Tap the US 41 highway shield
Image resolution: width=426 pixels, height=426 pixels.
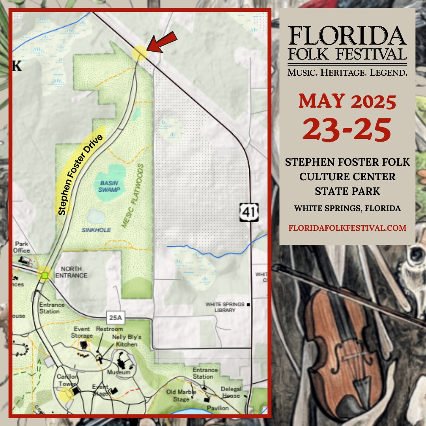249,212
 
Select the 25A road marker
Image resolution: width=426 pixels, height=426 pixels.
112,316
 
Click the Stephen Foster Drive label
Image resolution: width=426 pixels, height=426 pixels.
80,175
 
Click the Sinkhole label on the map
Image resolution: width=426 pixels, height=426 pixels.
96,230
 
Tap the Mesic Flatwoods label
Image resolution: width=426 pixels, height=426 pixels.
132,196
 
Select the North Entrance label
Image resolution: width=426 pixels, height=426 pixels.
71,272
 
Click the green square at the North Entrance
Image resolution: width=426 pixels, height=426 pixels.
45,275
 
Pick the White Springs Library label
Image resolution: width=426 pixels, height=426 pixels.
225,307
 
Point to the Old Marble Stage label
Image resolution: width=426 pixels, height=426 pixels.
181,396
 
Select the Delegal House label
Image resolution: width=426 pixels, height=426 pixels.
231,392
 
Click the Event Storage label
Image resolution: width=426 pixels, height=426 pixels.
82,332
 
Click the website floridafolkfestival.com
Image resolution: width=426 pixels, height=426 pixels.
347,228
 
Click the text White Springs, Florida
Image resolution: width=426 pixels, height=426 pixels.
347,208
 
